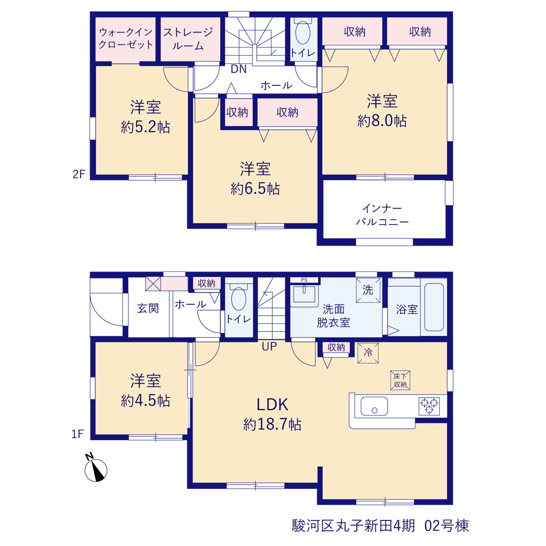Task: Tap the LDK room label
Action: (x=272, y=405)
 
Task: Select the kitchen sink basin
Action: (x=374, y=406)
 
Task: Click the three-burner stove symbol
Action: (x=429, y=407)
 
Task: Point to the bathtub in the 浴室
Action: (x=434, y=307)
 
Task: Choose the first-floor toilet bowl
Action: (x=238, y=299)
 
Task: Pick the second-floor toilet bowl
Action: (x=303, y=32)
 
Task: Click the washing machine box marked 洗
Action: (x=368, y=290)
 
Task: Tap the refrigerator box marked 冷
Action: (x=368, y=353)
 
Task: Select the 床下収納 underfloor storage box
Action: (x=400, y=380)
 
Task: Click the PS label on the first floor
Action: (x=304, y=280)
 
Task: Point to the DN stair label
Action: (x=238, y=69)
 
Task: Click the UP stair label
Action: (x=269, y=346)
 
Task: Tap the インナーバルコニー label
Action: (x=382, y=215)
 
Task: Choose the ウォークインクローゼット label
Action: (x=125, y=38)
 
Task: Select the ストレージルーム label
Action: (x=188, y=38)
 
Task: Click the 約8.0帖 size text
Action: (x=382, y=121)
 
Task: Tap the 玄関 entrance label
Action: (x=148, y=308)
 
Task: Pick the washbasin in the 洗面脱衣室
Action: (x=304, y=294)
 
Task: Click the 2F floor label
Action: (x=79, y=174)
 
